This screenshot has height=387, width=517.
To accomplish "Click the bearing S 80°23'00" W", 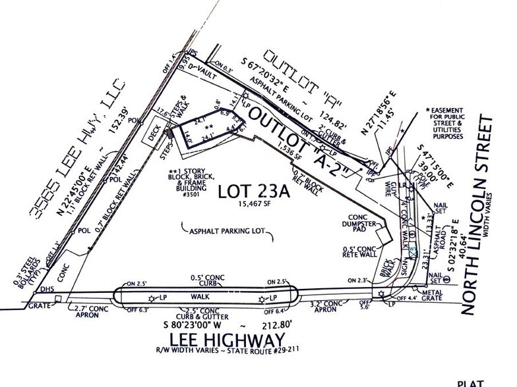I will (x=196, y=324).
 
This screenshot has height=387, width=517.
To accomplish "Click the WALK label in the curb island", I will (x=201, y=297).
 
